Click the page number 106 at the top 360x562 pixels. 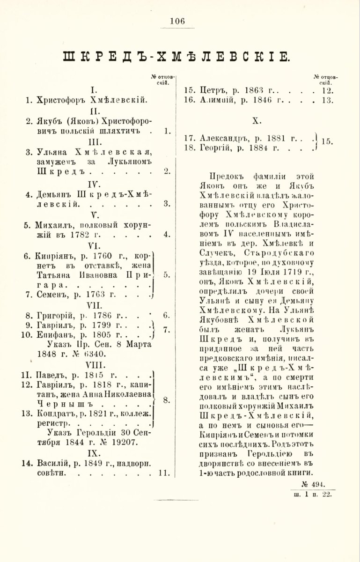(178, 21)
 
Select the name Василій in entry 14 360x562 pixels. (52, 463)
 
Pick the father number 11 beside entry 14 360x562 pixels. (164, 473)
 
